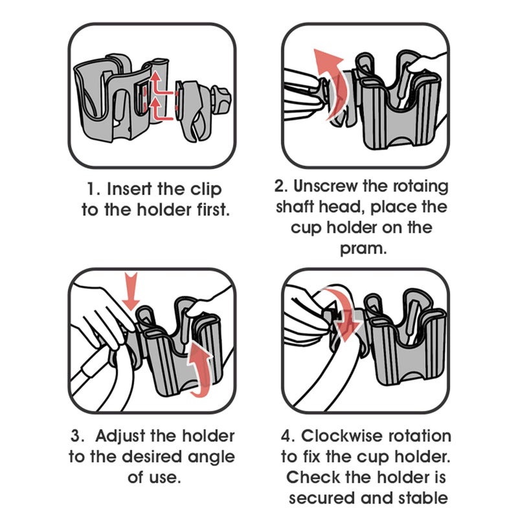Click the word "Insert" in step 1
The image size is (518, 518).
coord(128,189)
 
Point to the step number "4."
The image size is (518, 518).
coord(289,436)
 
